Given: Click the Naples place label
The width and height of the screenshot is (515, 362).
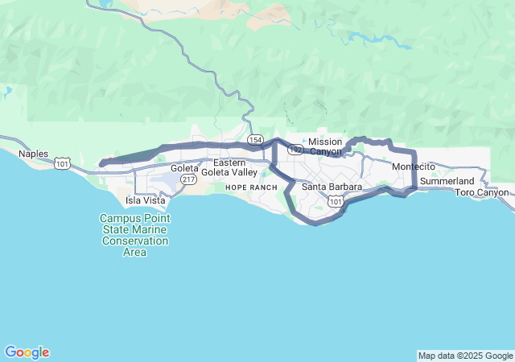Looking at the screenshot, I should click(x=34, y=154).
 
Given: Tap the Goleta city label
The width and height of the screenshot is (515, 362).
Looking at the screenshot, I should click(x=184, y=168).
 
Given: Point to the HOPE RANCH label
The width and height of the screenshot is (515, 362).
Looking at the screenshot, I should click(x=251, y=187).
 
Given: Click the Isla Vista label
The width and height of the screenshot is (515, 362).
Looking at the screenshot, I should click(x=144, y=200).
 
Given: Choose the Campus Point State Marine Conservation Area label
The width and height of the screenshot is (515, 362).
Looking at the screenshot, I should click(x=134, y=235).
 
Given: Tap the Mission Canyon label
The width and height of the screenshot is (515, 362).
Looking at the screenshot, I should click(x=325, y=146).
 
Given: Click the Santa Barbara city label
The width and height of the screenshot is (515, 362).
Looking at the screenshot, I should click(x=332, y=187).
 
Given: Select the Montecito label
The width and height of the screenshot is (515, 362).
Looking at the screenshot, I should click(x=414, y=167).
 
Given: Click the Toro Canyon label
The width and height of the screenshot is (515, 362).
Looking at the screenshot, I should click(x=482, y=192).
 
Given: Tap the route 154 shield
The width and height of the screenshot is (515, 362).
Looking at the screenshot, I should click(x=255, y=140).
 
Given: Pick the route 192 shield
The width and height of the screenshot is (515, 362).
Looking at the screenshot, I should click(x=296, y=150).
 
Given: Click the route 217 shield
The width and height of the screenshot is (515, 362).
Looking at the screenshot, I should click(x=188, y=179).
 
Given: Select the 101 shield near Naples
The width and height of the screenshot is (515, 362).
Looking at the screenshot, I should click(x=62, y=164).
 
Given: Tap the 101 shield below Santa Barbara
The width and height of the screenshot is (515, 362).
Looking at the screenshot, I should click(x=336, y=202).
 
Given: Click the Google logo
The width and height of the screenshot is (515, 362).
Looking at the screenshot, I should click(x=27, y=352).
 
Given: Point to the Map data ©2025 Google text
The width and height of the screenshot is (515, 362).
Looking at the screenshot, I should click(x=464, y=356).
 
